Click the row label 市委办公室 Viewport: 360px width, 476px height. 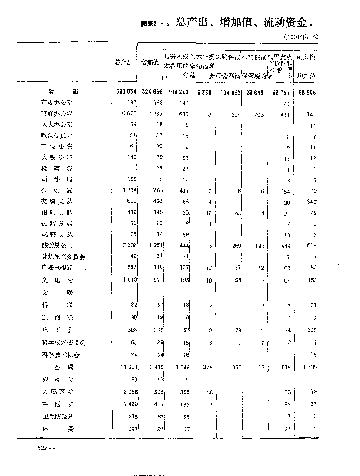[57, 103]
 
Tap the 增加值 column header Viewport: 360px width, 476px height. [150, 62]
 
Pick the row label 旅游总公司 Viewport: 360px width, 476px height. [57, 246]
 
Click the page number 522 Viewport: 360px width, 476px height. [42, 448]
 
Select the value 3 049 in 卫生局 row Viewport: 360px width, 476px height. [179, 367]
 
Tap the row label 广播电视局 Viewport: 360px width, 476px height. [57, 268]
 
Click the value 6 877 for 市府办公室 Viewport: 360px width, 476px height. [130, 114]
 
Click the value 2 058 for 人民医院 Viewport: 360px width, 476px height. [130, 392]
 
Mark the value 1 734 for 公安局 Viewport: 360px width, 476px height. [130, 190]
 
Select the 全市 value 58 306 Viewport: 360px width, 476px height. [307, 93]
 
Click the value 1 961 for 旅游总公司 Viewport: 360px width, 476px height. [155, 246]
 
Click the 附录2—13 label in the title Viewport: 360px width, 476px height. [155, 24]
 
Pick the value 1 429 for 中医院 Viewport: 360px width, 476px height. [130, 404]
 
